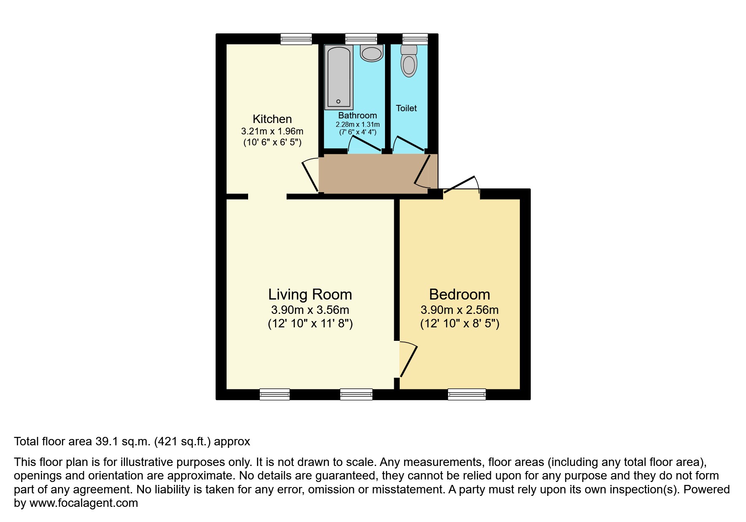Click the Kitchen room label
click(x=272, y=119)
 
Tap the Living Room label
click(x=310, y=294)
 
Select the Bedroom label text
click(x=460, y=294)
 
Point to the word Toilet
click(x=406, y=108)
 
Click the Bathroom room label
click(x=358, y=115)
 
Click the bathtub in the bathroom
click(x=338, y=78)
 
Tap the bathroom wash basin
click(x=372, y=53)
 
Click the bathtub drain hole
click(x=338, y=102)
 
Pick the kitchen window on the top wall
click(x=297, y=39)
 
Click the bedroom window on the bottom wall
click(x=467, y=394)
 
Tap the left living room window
click(x=275, y=394)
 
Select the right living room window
click(x=356, y=394)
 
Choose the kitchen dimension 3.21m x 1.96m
click(x=272, y=131)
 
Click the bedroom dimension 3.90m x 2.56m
click(x=460, y=310)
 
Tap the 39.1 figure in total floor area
click(x=107, y=442)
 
